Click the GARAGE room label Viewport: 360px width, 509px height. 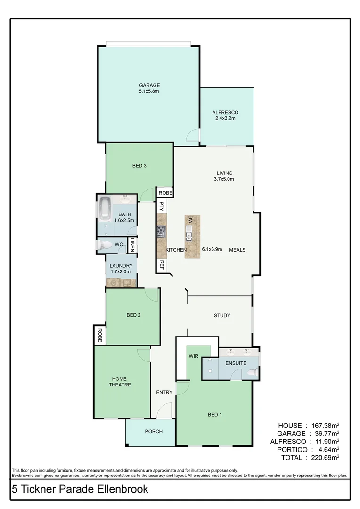(149, 85)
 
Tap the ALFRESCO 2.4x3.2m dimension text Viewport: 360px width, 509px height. (225, 118)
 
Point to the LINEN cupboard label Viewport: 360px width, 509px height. (133, 245)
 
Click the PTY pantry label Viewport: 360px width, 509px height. (161, 206)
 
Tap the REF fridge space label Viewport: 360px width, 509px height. (161, 265)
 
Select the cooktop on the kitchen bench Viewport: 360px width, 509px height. (162, 231)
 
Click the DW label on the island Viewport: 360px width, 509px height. (191, 220)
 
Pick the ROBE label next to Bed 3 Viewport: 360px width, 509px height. (165, 193)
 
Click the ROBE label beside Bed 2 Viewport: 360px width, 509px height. (100, 335)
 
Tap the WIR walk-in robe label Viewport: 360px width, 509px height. (193, 356)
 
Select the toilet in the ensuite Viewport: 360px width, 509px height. (253, 372)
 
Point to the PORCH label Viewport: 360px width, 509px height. (154, 431)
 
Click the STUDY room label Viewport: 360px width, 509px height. (221, 315)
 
